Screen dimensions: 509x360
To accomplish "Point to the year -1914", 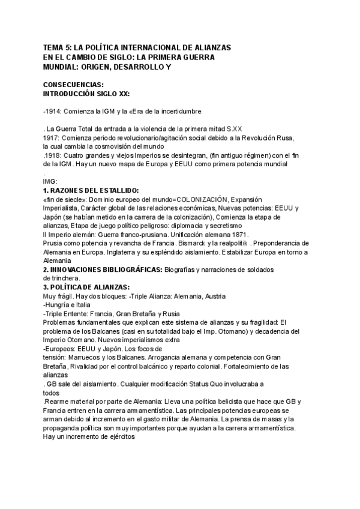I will pyautogui.click(x=52, y=112).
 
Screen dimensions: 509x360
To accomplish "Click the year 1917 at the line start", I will pyautogui.click(x=51, y=137).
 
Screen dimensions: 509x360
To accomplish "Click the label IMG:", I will pyautogui.click(x=51, y=181).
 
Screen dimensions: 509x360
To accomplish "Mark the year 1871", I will pyautogui.click(x=238, y=234).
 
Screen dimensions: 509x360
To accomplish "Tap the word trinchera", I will pyautogui.click(x=65, y=279).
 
